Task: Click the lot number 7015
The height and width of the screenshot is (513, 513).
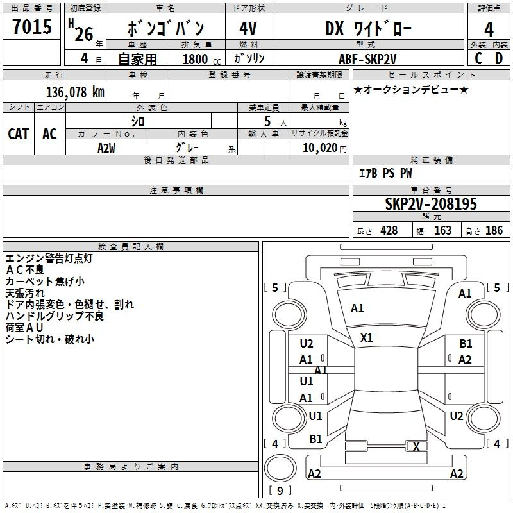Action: [32, 26]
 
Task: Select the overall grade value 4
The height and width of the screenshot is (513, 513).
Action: [489, 29]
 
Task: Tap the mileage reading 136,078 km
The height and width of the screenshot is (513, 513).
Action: [75, 92]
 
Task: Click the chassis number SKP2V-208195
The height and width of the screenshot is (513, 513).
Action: [431, 203]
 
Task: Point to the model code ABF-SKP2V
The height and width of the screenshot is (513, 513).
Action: [367, 59]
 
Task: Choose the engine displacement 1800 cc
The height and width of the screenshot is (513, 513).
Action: [201, 59]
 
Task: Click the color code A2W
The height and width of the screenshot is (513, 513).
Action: [106, 148]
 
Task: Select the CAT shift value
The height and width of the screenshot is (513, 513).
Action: [19, 134]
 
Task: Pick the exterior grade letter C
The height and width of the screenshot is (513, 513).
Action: [478, 58]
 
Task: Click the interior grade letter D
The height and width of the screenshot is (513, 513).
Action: [499, 58]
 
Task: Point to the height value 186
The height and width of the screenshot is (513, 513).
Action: [494, 230]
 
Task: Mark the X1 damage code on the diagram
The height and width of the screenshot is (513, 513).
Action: [366, 338]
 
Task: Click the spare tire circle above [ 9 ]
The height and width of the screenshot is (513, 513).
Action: [280, 468]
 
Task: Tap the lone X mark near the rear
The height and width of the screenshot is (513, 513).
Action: [416, 446]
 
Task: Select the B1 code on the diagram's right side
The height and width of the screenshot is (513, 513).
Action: [466, 344]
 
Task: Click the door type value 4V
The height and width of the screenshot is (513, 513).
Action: [248, 28]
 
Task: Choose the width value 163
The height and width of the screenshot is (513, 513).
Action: [442, 230]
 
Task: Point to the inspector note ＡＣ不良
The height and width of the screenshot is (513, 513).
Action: [25, 270]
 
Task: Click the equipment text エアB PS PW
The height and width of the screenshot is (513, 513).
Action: [385, 173]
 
